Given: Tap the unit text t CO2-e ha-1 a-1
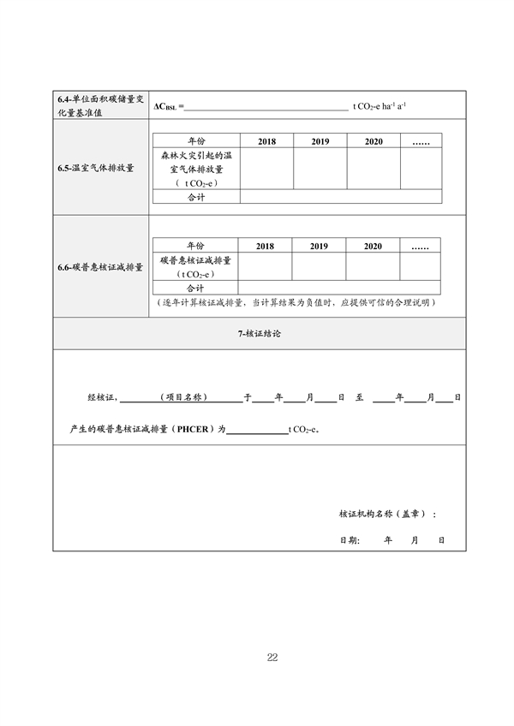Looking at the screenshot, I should point(380,106).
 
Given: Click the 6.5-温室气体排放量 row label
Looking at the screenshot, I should point(101,168).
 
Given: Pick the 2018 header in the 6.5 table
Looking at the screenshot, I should point(266,141).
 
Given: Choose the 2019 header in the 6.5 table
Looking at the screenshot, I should point(320,141).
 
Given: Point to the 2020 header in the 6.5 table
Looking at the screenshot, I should point(373,141).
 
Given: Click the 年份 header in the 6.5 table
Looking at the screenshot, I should point(197,141).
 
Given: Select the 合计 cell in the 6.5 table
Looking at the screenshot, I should point(197,197).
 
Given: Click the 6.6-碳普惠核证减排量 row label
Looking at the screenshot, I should point(101,267).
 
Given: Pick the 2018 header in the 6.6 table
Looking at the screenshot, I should point(265,246).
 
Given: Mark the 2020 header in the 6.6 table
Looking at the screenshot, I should point(372,246).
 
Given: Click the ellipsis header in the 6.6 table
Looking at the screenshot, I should point(420,246).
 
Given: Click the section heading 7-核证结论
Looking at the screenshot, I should point(260,333).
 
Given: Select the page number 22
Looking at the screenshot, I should point(272,658).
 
